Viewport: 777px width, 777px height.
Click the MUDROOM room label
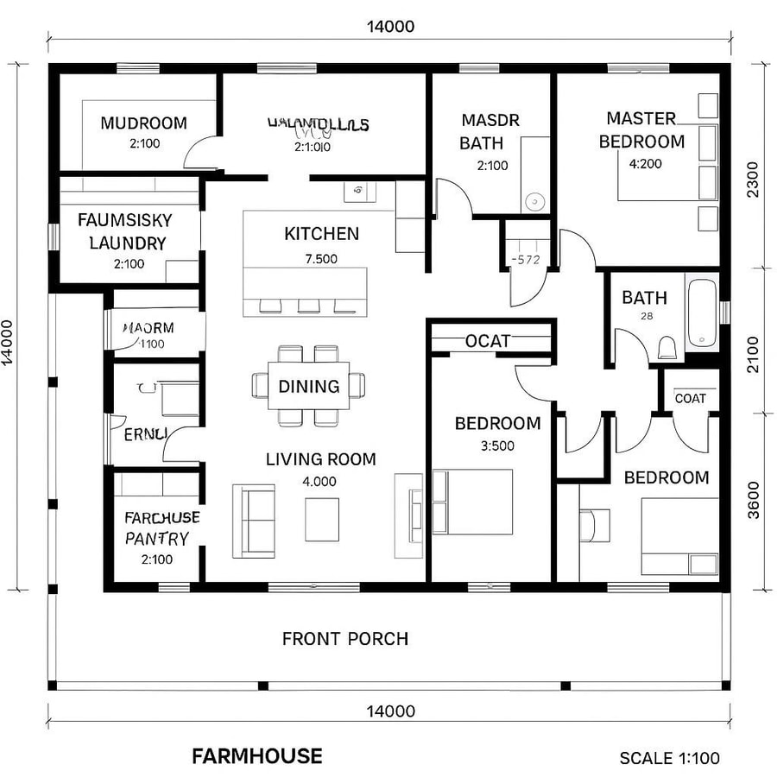143,123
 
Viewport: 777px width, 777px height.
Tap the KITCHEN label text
321,234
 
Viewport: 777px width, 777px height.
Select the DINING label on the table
309,386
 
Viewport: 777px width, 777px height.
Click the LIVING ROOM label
320,459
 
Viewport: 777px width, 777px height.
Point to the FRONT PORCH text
345,639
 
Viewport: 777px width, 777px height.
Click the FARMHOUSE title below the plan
257,756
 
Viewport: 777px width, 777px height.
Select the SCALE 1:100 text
669,758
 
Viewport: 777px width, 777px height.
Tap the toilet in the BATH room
667,347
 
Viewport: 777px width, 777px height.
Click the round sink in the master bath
535,202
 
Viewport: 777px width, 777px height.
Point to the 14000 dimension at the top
390,26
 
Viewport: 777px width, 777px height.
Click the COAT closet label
690,398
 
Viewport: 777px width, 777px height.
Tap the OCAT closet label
488,341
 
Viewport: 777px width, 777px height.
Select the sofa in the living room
254,520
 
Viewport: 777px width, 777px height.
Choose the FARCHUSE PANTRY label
162,527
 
